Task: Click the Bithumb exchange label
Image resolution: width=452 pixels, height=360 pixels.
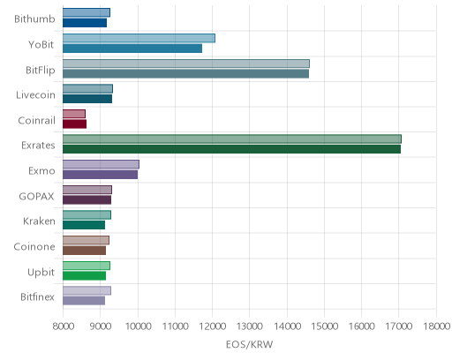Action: point(34,19)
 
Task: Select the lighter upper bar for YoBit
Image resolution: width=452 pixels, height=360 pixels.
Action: point(139,38)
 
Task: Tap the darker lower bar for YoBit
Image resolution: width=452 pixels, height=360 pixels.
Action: point(132,49)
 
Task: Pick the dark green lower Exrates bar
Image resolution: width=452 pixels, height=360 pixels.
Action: point(231,149)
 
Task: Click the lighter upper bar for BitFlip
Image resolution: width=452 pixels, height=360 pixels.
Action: point(186,64)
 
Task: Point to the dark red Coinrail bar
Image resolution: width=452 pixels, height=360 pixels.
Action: point(74,124)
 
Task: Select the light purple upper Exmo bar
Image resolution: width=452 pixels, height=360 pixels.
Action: point(101,164)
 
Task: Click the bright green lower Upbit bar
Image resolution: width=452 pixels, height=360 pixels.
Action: point(84,276)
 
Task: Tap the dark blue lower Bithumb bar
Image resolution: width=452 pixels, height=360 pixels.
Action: point(85,23)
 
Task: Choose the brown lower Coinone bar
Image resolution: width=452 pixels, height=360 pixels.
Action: point(84,251)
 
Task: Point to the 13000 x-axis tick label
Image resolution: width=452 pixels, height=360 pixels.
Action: point(250,326)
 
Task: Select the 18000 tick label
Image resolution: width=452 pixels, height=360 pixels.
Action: point(437,326)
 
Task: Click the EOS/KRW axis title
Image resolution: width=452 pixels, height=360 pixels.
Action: point(250,344)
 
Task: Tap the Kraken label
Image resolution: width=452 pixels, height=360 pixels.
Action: point(39,221)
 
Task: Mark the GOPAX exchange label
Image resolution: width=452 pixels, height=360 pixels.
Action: point(36,196)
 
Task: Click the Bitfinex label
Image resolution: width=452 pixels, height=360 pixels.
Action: point(37,296)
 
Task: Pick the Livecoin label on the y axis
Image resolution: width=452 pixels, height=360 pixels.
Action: point(35,94)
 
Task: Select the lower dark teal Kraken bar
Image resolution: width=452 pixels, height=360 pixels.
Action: point(84,225)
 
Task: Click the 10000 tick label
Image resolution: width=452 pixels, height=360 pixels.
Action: point(138,326)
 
